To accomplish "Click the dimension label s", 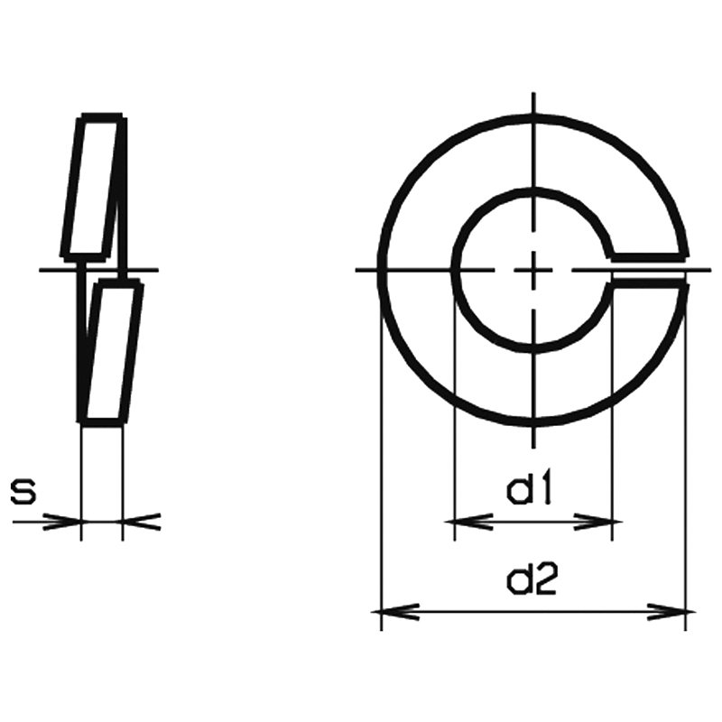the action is (23, 491).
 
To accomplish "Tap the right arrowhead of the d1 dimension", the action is (598, 522).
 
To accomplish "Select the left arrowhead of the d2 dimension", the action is (395, 612).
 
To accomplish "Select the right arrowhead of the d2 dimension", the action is (671, 612).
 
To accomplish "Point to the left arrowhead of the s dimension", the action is (61, 522).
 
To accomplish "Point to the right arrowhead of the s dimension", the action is (142, 522).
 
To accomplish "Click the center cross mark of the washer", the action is (533, 270).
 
